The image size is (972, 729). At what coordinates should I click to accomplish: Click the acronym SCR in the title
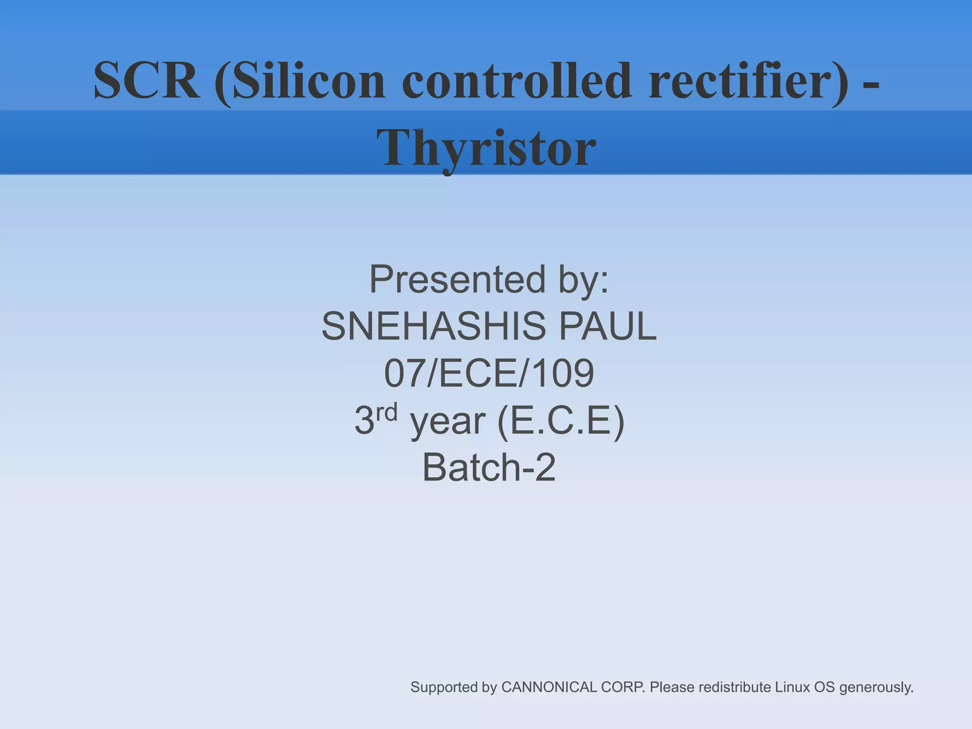[146, 81]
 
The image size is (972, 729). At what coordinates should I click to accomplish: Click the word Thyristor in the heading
[486, 148]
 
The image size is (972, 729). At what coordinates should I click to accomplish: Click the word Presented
[457, 280]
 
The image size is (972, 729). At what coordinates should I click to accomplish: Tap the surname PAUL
[607, 327]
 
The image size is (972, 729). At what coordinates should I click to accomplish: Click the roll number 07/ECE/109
[489, 374]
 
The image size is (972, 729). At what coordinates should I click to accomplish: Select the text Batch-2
[489, 467]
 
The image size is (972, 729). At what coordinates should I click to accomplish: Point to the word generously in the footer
[876, 687]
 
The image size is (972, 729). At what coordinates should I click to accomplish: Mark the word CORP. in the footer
[623, 687]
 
